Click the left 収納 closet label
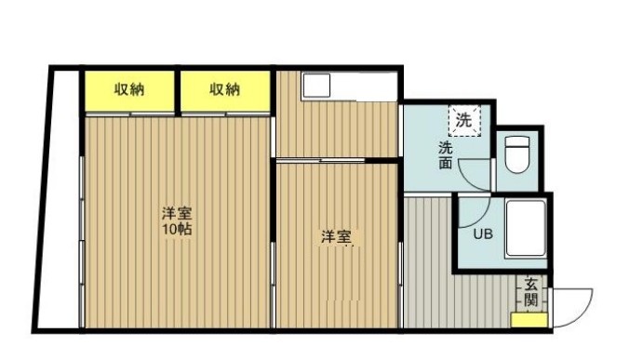(x=129, y=89)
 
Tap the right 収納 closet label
(x=224, y=89)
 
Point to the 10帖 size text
(x=176, y=228)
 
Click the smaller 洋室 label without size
(x=336, y=236)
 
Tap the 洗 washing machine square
(x=462, y=119)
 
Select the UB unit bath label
(x=483, y=234)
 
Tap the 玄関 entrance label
(x=530, y=293)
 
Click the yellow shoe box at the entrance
(x=529, y=321)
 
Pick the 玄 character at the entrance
(x=530, y=284)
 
